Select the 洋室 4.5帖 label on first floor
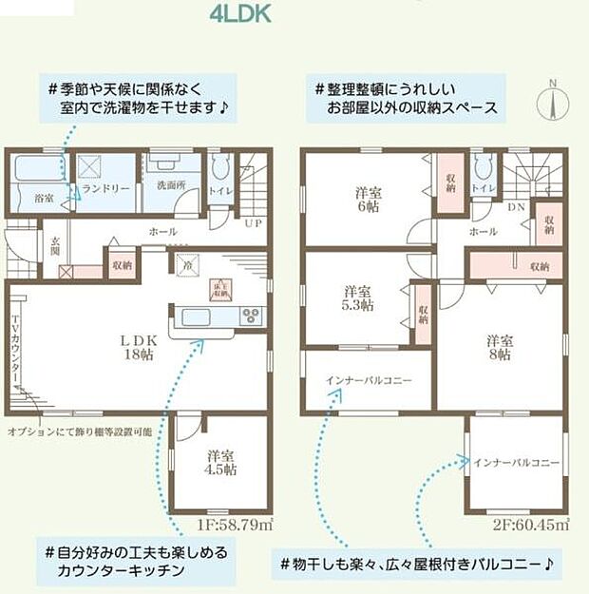220,462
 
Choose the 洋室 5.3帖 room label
359,297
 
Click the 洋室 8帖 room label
499,347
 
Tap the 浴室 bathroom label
44,197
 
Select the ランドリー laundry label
104,188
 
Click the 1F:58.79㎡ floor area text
236,523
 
